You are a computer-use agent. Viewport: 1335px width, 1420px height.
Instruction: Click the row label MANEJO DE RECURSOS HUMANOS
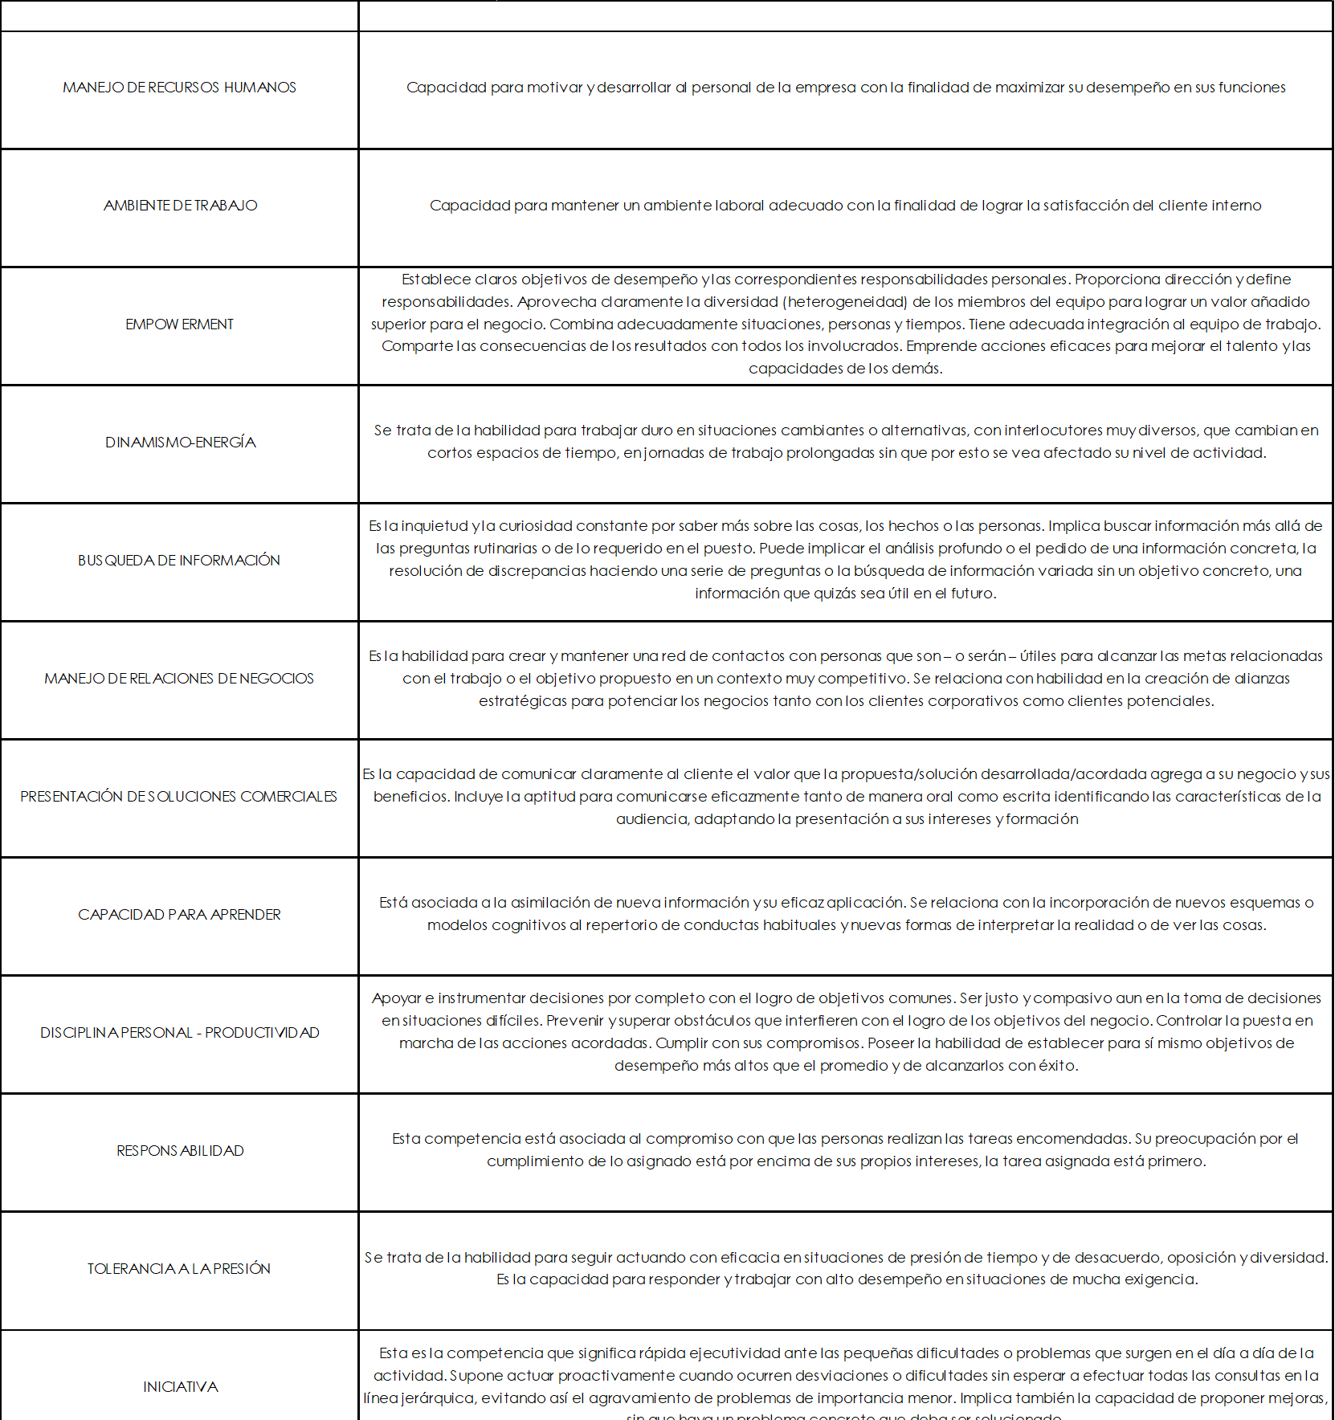[x=179, y=88]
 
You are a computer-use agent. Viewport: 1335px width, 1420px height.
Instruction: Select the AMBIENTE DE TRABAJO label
[x=180, y=206]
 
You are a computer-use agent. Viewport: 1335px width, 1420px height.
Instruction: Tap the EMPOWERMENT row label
[x=179, y=324]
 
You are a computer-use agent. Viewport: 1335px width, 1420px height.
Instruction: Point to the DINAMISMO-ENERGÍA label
[x=180, y=443]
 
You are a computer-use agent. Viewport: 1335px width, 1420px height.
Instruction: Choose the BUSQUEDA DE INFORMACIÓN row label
[x=179, y=561]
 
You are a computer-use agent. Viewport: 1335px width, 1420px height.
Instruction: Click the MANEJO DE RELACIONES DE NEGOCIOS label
[x=179, y=679]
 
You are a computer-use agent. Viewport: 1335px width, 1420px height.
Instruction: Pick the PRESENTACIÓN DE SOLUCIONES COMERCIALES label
[x=179, y=797]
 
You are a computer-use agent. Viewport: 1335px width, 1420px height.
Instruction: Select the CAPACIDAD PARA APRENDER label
[x=179, y=915]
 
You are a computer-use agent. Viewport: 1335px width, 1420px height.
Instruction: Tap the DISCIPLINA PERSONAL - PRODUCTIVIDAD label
[x=179, y=1033]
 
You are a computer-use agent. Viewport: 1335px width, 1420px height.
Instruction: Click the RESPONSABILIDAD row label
[x=180, y=1151]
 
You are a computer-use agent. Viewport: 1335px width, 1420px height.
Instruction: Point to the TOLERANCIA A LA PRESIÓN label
[x=179, y=1269]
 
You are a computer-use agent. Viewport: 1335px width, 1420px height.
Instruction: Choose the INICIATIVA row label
[x=180, y=1387]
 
